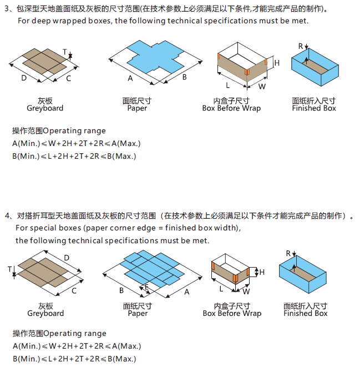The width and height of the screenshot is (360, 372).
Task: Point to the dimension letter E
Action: [146, 286]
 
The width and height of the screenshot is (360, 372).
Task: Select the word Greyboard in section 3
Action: [45, 108]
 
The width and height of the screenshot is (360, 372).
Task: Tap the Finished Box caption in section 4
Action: [305, 313]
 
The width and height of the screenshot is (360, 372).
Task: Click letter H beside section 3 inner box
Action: [277, 63]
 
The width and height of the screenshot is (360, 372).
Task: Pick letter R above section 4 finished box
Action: [288, 253]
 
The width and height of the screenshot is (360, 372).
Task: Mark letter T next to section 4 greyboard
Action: [10, 269]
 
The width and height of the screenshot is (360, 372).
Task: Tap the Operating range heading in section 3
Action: [59, 131]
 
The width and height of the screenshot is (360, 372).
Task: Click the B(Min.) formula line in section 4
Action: [74, 359]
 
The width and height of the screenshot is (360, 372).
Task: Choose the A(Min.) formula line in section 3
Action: [77, 143]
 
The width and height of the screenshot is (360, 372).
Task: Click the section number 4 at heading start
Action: [7, 215]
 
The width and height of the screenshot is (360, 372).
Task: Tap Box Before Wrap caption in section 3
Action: [231, 108]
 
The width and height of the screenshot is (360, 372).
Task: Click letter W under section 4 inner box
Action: [246, 291]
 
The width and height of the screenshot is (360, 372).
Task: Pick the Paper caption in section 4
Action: [138, 313]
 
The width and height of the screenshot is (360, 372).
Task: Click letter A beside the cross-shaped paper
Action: [130, 78]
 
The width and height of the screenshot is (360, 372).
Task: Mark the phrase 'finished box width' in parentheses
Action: [207, 228]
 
